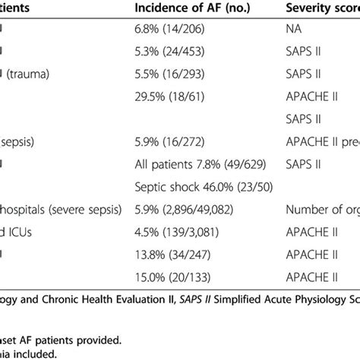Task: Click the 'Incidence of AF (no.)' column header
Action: click(x=184, y=8)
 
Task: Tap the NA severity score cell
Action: click(x=293, y=31)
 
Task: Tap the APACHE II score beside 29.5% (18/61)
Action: click(x=311, y=97)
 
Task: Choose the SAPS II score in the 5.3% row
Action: click(x=302, y=53)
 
